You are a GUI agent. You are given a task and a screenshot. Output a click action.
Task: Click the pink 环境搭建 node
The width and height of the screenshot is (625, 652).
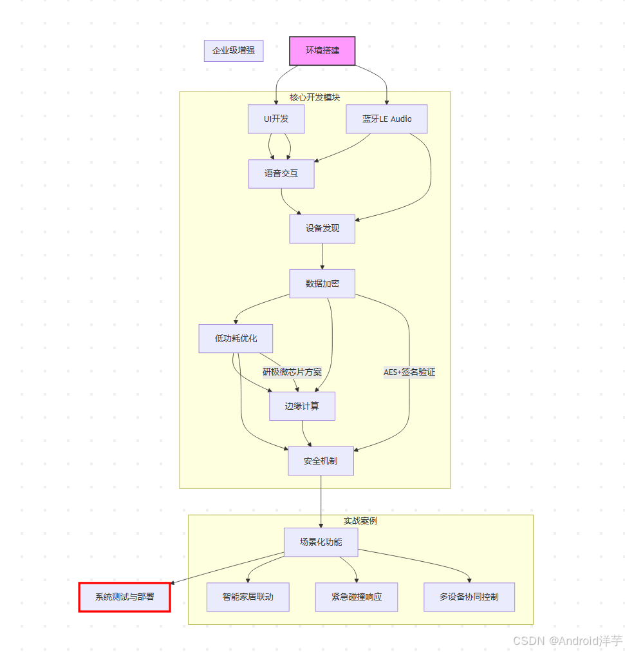(x=322, y=51)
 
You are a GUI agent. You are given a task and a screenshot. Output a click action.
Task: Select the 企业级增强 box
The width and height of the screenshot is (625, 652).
(x=234, y=51)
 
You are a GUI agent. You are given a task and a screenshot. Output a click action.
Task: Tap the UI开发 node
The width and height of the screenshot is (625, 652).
(x=276, y=119)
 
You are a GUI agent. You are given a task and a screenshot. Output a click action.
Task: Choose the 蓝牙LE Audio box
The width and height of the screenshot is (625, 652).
(x=386, y=119)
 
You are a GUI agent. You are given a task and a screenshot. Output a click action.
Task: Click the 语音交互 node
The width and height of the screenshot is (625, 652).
(x=281, y=174)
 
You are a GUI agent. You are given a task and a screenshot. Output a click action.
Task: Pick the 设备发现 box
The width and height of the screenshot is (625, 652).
(x=322, y=229)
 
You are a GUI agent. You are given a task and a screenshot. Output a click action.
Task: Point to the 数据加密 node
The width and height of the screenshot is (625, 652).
(x=322, y=283)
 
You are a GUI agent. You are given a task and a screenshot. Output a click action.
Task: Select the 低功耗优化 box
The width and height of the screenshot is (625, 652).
(x=236, y=339)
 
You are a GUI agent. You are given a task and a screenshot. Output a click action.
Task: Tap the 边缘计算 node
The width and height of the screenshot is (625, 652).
(x=302, y=407)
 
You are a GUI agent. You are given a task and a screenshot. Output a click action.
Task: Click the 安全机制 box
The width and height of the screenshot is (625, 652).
(x=321, y=461)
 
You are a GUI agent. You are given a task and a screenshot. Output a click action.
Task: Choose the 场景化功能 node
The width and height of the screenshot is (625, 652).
(x=321, y=542)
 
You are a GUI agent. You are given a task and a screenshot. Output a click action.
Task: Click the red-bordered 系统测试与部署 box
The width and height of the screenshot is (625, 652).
(x=125, y=597)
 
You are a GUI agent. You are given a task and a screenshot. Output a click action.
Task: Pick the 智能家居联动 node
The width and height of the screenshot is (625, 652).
(x=248, y=597)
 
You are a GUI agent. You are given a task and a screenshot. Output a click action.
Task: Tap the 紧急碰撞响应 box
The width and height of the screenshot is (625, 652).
(x=357, y=597)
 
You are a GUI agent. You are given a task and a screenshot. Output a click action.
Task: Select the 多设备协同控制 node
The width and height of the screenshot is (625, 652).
(x=469, y=597)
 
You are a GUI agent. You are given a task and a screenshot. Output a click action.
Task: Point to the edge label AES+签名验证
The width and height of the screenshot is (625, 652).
(x=409, y=372)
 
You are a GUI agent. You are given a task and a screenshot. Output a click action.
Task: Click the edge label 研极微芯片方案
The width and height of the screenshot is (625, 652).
(x=292, y=372)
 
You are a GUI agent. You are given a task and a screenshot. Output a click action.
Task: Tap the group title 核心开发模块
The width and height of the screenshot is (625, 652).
(x=315, y=98)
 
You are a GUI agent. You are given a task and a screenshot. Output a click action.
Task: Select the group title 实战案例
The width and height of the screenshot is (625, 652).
(x=360, y=521)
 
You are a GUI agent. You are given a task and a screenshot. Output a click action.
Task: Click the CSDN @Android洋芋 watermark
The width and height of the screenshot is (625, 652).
(x=567, y=640)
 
